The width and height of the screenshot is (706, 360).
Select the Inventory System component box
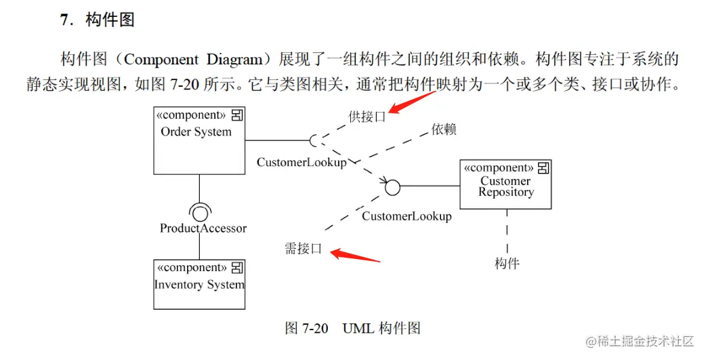tap(199, 284)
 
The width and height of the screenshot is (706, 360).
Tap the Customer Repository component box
tap(505, 184)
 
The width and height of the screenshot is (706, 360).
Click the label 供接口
tap(367, 117)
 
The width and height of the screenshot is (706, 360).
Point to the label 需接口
tap(303, 249)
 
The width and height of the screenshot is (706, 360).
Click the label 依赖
tap(444, 129)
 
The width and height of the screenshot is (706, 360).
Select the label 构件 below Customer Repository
tap(507, 263)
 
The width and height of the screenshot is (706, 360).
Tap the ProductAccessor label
tap(203, 228)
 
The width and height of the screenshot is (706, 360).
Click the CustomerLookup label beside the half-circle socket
tap(302, 163)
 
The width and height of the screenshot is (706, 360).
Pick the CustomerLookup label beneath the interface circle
tap(407, 216)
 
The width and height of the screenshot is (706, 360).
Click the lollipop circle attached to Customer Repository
tap(392, 187)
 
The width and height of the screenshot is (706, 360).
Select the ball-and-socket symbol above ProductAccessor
tap(199, 212)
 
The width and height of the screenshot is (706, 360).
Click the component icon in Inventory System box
tap(238, 268)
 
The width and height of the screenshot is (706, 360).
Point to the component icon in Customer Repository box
tap(543, 167)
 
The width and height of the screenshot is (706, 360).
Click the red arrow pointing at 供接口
tap(413, 104)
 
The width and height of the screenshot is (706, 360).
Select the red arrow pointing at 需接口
tap(355, 256)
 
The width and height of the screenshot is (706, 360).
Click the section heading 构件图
tap(110, 20)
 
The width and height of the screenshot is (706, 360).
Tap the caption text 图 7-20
tap(306, 329)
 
